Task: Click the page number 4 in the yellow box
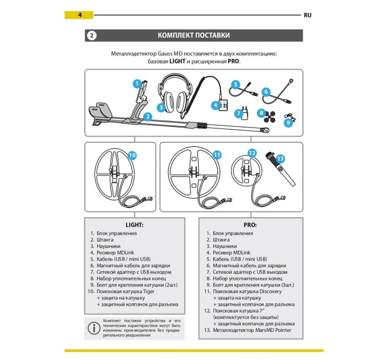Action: (x=80, y=14)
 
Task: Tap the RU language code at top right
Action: (x=307, y=14)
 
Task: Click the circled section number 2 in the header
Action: (x=91, y=35)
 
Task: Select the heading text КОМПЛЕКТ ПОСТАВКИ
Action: (x=194, y=35)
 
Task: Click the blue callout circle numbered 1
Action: (x=137, y=83)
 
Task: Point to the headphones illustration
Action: (x=176, y=91)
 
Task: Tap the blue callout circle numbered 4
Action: (x=216, y=105)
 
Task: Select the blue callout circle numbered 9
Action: (x=288, y=121)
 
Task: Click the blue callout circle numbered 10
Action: (x=132, y=155)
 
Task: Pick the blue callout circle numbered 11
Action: (x=216, y=155)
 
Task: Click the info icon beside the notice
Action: (x=92, y=328)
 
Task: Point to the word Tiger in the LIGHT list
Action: (x=148, y=290)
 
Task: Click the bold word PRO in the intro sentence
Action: (x=233, y=61)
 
